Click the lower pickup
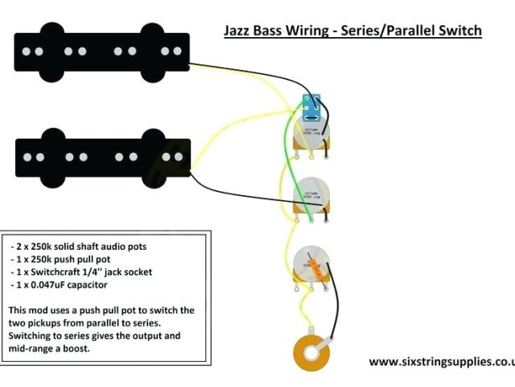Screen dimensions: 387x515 [102, 153]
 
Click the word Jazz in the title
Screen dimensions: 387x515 [238, 31]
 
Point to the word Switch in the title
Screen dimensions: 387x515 [456, 31]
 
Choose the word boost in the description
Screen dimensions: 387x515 [97, 349]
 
